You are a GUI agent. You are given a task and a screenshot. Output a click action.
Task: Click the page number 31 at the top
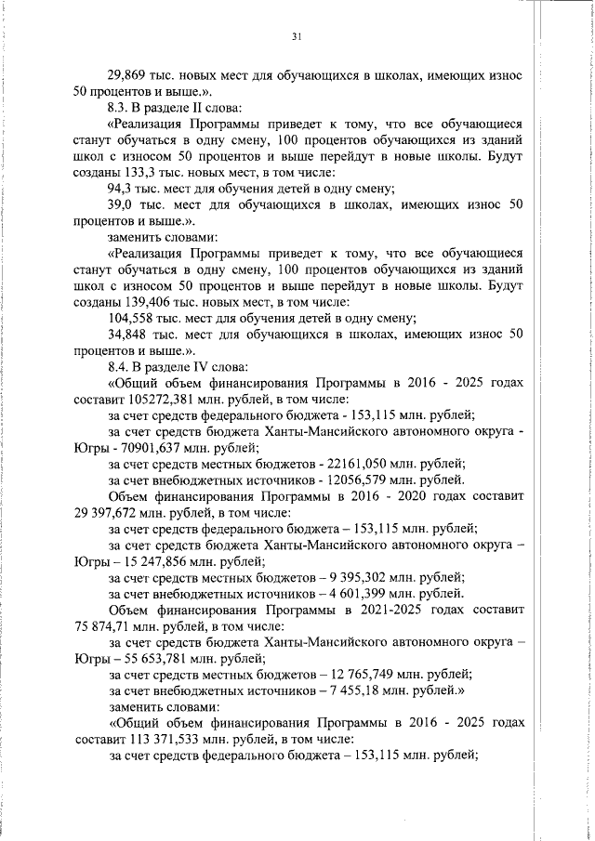tap(297, 36)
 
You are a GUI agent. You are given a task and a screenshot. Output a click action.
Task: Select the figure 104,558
tap(130, 318)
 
